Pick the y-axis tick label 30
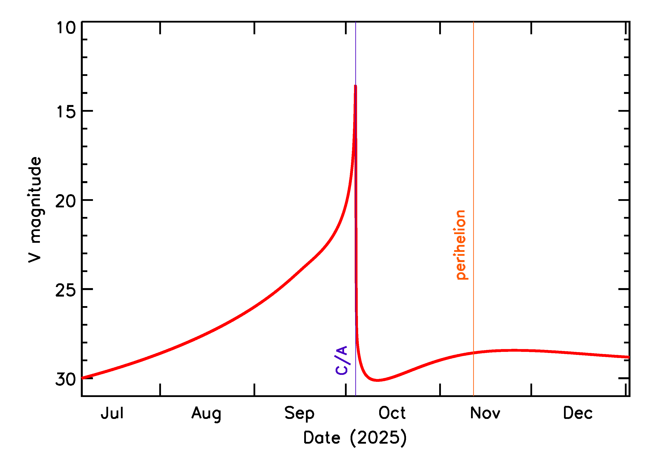[x=66, y=379]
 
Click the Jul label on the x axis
[x=112, y=413]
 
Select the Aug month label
[x=206, y=414]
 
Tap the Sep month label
[x=299, y=414]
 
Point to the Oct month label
[x=392, y=413]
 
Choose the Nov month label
[x=485, y=413]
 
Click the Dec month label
[x=578, y=413]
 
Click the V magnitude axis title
[x=35, y=210]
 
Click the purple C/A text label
[x=342, y=360]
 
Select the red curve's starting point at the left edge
[x=82, y=378]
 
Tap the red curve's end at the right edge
[x=629, y=357]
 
